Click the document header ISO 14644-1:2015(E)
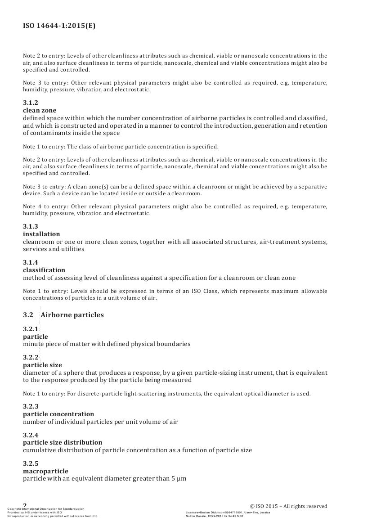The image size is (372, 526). point(59,26)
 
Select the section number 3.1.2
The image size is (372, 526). point(31,103)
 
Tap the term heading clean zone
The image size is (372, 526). point(40,110)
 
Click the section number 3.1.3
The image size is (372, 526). point(31,227)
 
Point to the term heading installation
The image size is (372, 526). point(41,234)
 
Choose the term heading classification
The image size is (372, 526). point(44,270)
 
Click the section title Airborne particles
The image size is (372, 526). point(72,315)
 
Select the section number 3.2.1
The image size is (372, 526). point(31,329)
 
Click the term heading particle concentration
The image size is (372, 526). point(58,414)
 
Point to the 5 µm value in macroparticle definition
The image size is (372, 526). point(179,478)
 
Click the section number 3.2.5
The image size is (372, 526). point(31,464)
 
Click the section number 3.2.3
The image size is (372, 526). point(31,407)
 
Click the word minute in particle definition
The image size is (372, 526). point(32,344)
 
